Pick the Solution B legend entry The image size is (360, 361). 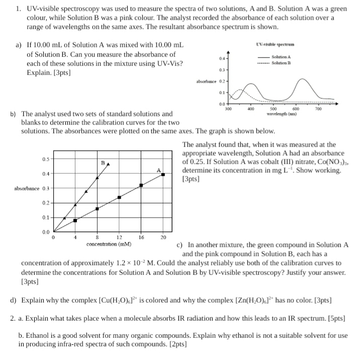[x=282, y=63]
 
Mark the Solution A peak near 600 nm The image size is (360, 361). [x=302, y=80]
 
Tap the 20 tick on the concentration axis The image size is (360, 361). [x=163, y=237]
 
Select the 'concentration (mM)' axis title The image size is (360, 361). [x=109, y=244]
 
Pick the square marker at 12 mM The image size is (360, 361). [x=119, y=197]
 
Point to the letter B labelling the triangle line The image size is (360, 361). [x=103, y=163]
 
